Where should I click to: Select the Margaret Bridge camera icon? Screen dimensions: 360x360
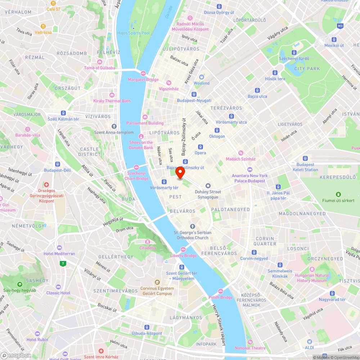(143, 73)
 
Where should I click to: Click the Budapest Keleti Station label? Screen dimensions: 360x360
(305, 167)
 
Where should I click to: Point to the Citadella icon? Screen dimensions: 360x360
(148, 242)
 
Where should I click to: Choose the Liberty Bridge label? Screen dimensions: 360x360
(184, 256)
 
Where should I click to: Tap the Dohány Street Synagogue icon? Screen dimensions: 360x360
(208, 185)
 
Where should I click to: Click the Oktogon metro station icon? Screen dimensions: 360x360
(217, 130)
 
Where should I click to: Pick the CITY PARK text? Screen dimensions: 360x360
(307, 69)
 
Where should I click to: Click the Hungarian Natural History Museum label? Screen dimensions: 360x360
(312, 278)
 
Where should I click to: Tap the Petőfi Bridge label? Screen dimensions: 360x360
(221, 297)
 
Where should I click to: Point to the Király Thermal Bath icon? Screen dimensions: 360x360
(112, 95)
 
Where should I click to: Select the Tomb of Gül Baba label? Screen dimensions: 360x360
(99, 68)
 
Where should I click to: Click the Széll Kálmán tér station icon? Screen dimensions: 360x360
(63, 113)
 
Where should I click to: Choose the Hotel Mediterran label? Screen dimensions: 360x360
(59, 253)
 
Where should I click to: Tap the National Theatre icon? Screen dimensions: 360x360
(250, 342)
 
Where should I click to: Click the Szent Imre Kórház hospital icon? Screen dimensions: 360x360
(101, 351)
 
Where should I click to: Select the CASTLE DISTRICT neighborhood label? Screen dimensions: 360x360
(90, 152)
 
